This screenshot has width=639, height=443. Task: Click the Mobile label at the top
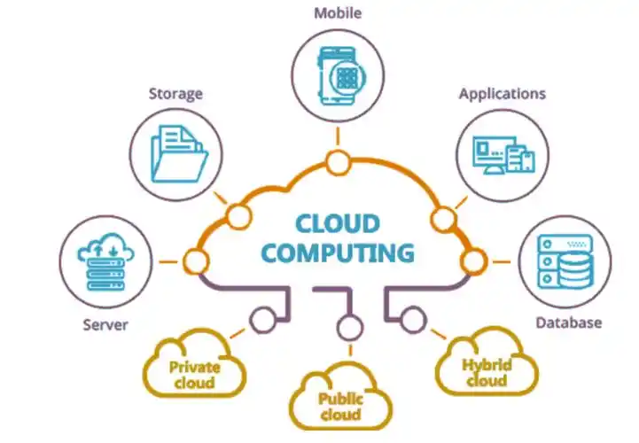(338, 13)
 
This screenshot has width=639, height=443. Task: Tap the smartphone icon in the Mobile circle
(340, 76)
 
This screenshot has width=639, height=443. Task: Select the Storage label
(175, 94)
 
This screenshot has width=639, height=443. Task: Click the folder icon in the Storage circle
(178, 153)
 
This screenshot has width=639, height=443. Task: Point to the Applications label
(502, 94)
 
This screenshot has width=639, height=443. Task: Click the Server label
(105, 325)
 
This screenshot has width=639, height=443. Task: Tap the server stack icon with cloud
(105, 261)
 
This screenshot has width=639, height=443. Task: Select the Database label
(568, 323)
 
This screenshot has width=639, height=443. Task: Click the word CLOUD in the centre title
(338, 224)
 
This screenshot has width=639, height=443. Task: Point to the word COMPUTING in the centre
(338, 253)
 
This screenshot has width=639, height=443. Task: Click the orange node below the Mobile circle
(338, 163)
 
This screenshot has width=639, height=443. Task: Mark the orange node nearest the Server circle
(196, 261)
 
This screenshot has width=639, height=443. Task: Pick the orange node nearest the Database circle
(474, 261)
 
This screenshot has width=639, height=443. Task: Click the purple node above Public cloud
(350, 328)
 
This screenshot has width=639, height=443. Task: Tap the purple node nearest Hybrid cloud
(413, 320)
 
